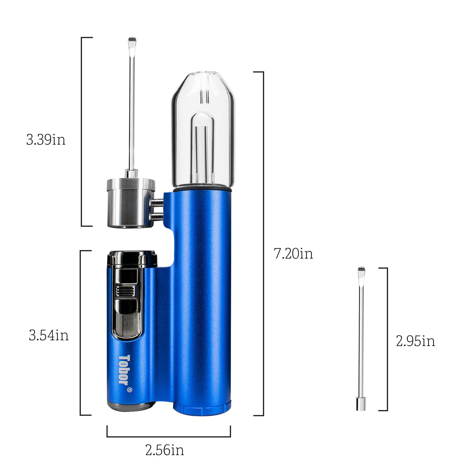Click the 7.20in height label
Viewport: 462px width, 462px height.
coord(293,254)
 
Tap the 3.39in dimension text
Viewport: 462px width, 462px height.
coord(46,140)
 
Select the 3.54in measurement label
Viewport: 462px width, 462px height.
coord(49,335)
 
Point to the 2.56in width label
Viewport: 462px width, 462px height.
coord(164,450)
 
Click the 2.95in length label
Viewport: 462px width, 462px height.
coord(415,341)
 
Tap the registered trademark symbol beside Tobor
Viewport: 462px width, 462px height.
coord(130,390)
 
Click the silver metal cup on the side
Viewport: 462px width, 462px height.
coord(130,203)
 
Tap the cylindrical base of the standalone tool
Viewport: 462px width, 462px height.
coord(361,404)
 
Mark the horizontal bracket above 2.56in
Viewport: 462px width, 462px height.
coord(169,436)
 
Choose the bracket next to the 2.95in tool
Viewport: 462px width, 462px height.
coord(387,339)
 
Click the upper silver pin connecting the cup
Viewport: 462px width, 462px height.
coord(158,203)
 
